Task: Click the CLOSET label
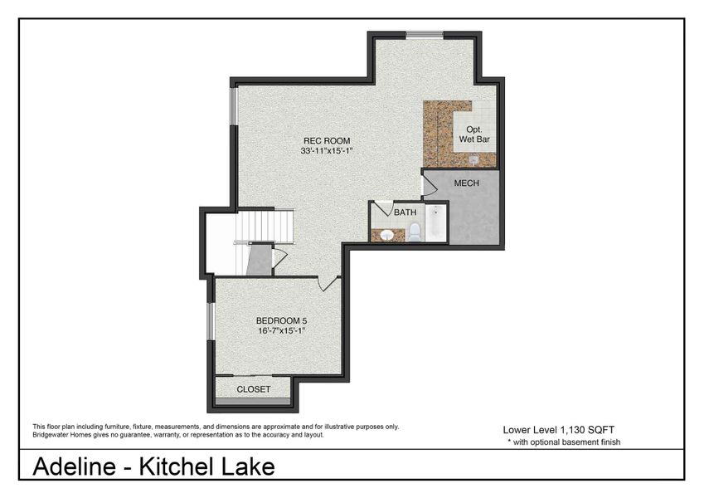click(254, 388)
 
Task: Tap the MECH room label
click(467, 183)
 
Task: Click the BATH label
click(405, 212)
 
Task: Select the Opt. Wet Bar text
click(475, 134)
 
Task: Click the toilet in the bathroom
click(415, 231)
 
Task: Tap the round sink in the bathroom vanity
click(386, 235)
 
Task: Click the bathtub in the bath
click(436, 222)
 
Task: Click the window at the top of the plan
click(424, 34)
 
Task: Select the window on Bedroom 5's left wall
click(211, 321)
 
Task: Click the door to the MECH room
click(427, 185)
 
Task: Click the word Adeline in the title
click(75, 466)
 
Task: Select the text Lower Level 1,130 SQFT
click(558, 429)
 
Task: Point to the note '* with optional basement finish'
click(563, 442)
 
